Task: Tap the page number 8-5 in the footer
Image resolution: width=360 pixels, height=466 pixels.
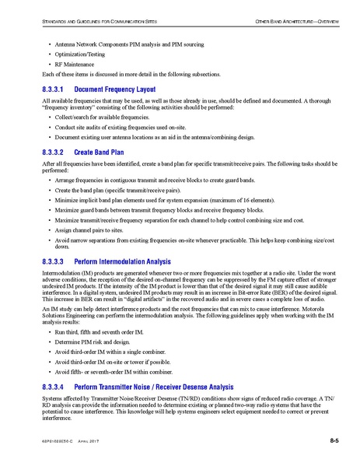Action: tap(334, 441)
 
